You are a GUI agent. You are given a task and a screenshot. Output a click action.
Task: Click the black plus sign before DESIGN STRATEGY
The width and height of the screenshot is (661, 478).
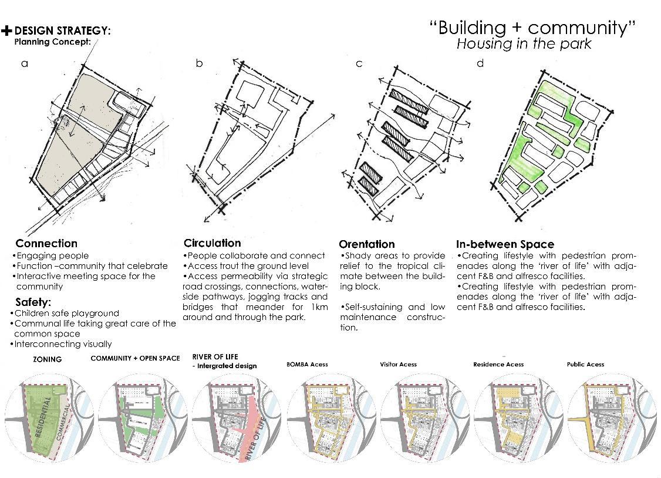[x=6, y=31]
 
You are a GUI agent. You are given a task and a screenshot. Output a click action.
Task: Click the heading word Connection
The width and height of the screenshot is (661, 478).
[x=46, y=243]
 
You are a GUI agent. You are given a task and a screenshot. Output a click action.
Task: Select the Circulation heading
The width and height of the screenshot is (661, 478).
[x=212, y=243]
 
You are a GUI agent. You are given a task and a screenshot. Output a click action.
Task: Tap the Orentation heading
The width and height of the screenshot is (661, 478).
[x=367, y=244]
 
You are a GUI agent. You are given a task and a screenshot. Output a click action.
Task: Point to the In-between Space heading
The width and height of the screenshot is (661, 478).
[x=505, y=244]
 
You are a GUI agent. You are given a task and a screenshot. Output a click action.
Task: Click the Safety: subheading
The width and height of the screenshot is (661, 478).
[x=33, y=302]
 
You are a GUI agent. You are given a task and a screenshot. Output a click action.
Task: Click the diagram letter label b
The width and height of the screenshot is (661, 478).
[x=199, y=63]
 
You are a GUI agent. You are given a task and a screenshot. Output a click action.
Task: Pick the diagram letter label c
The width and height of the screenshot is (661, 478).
[x=359, y=63]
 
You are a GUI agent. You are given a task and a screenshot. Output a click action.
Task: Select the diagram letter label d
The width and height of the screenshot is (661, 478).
[x=480, y=63]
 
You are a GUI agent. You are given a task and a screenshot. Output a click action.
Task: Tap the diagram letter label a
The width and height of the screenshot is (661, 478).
[x=24, y=63]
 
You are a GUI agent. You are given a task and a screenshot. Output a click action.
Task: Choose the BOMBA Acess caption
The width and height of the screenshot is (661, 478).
[x=307, y=365]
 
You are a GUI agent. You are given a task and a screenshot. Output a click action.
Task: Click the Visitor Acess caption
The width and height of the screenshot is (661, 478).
[x=398, y=365]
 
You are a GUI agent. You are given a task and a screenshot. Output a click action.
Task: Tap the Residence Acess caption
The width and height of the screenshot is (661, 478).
[x=498, y=365]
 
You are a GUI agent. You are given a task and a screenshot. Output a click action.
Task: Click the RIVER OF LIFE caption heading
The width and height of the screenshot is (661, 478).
[x=215, y=356]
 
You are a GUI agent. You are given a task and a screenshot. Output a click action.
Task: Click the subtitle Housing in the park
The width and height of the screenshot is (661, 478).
[x=524, y=44]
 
